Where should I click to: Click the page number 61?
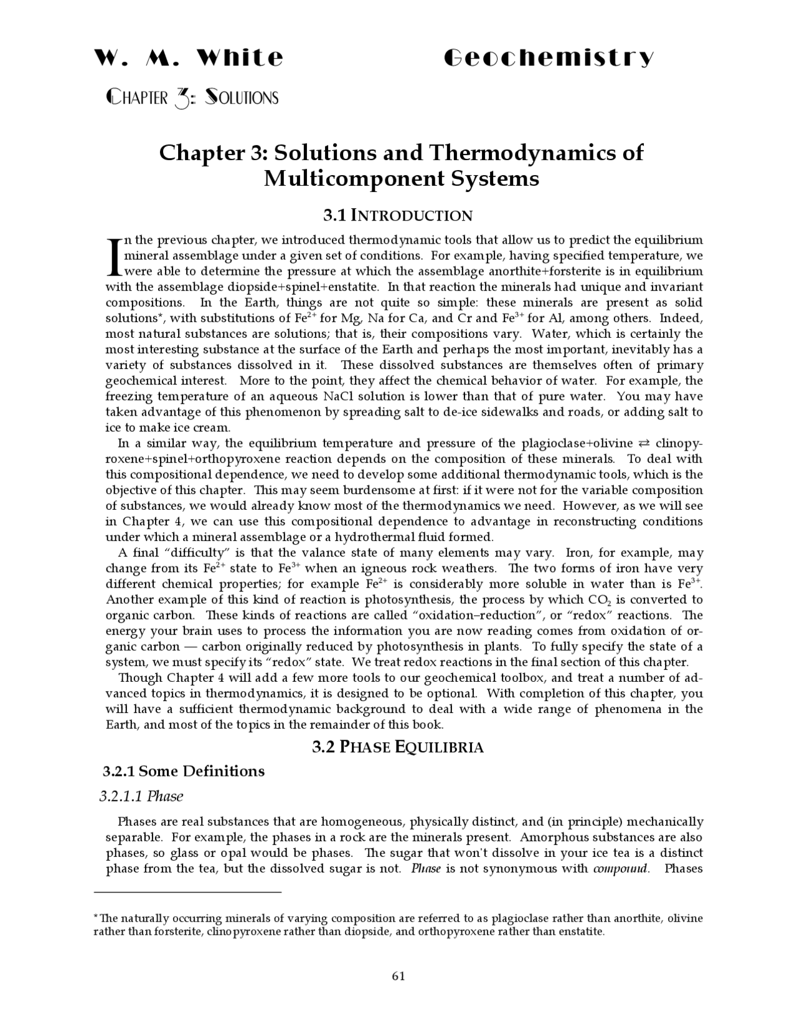tap(398, 976)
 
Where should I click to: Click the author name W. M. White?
tap(189, 58)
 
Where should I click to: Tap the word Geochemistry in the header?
tap(549, 58)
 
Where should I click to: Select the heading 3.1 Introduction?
tap(398, 216)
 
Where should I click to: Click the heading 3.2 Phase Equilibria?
tap(398, 747)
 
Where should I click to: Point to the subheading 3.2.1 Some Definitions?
tap(184, 772)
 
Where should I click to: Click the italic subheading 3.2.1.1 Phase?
tap(141, 796)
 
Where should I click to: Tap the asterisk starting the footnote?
tap(95, 917)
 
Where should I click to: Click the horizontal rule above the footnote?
tap(193, 892)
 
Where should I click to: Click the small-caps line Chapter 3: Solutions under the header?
tap(192, 98)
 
